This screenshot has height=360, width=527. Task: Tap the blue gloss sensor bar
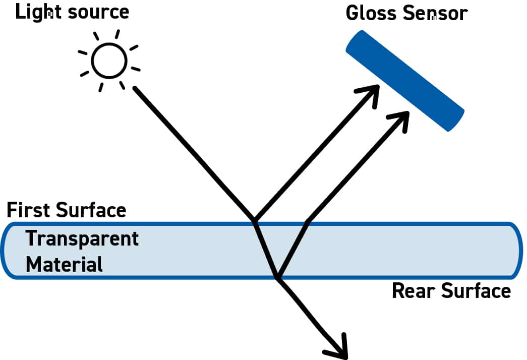[404, 81]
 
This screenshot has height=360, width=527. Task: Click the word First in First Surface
[28, 209]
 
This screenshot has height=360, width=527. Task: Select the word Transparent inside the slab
[82, 238]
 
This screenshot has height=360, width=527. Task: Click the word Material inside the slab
[64, 264]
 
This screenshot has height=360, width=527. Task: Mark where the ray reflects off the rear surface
[277, 277]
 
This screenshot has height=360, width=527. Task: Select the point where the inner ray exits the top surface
[308, 222]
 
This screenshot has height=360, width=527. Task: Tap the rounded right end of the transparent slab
[516, 250]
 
